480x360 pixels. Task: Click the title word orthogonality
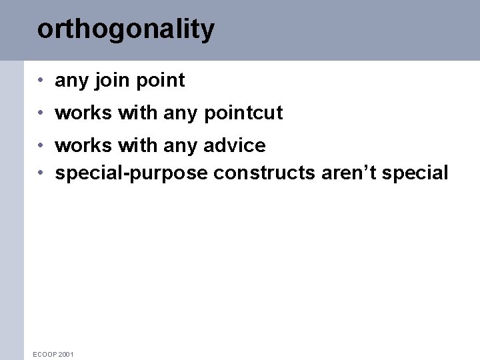point(125,30)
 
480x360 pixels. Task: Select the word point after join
point(160,81)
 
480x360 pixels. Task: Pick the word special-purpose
point(131,173)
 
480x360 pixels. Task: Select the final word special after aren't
point(415,173)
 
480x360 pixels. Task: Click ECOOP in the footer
point(45,354)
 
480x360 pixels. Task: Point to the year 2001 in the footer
point(66,354)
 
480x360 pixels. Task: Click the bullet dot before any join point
point(41,81)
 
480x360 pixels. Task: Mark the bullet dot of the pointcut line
point(41,113)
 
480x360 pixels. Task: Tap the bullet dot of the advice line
point(41,145)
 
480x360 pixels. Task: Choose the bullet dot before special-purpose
point(41,173)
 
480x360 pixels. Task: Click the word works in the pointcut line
point(83,113)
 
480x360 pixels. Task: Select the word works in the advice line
point(83,145)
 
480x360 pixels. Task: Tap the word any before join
point(72,81)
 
